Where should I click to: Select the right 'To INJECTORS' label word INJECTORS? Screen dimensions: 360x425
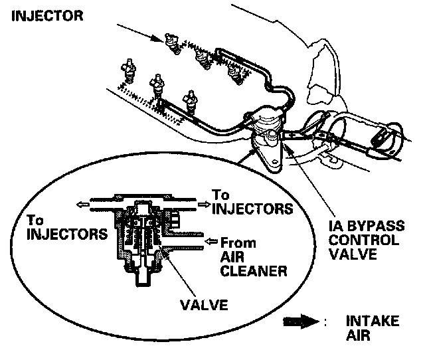coord(252,208)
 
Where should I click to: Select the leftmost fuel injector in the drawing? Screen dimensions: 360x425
coord(127,70)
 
